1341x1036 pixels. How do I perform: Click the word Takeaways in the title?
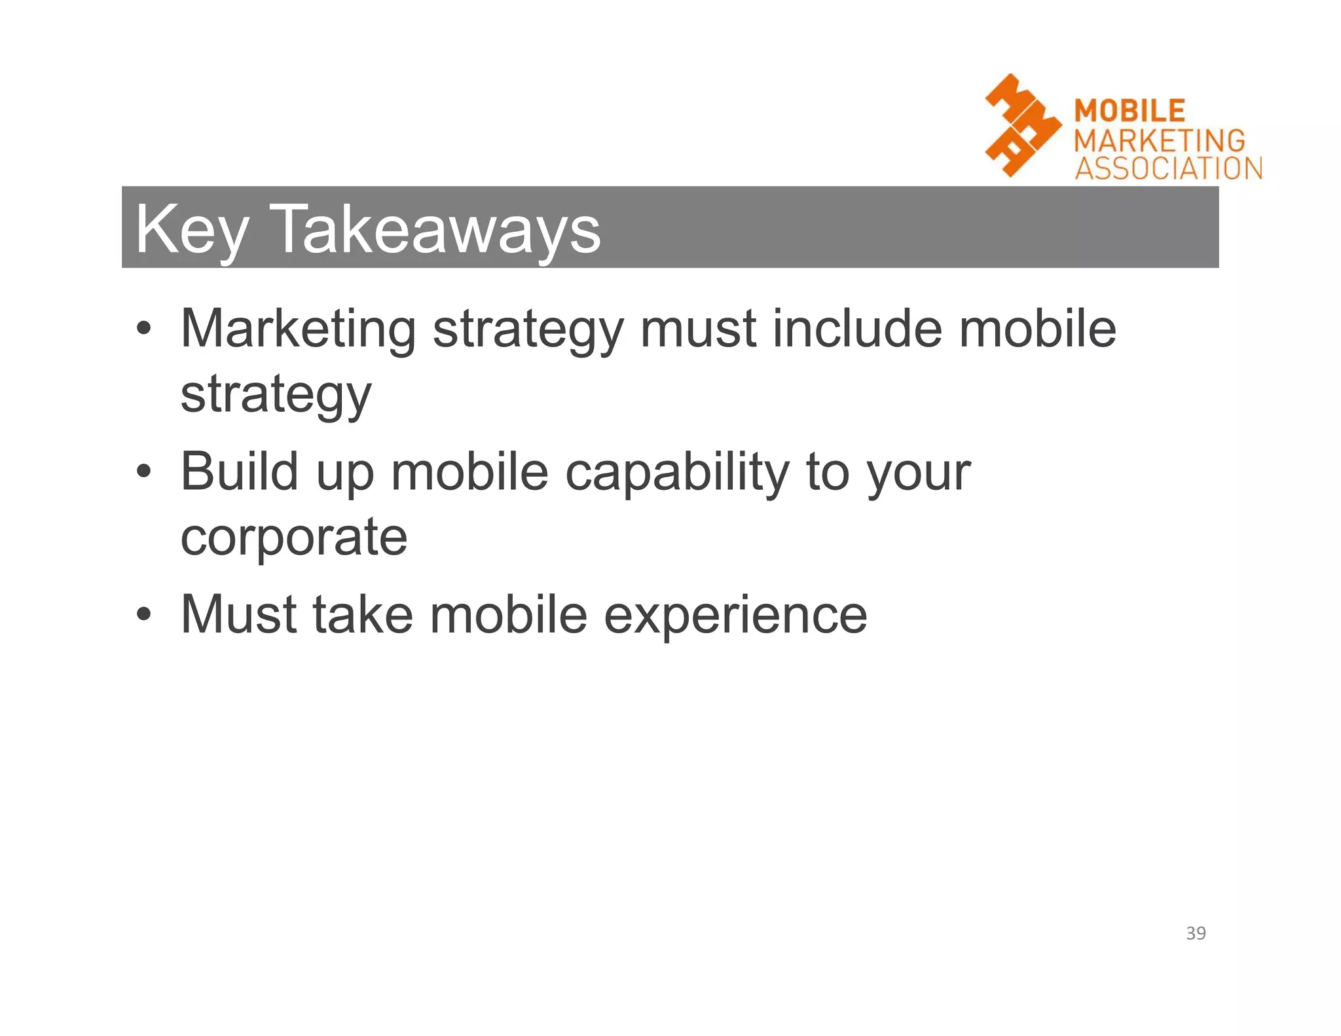435,230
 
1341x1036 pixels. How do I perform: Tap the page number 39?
1196,933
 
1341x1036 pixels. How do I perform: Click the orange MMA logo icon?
1022,126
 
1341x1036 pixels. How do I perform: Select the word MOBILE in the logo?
1130,111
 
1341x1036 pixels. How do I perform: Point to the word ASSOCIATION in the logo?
1169,168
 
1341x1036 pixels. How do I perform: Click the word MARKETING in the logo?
1160,141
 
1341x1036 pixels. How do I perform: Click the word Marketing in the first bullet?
298,329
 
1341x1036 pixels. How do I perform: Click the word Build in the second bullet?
240,472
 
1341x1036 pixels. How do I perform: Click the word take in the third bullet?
363,614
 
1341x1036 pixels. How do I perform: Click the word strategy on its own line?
276,395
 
